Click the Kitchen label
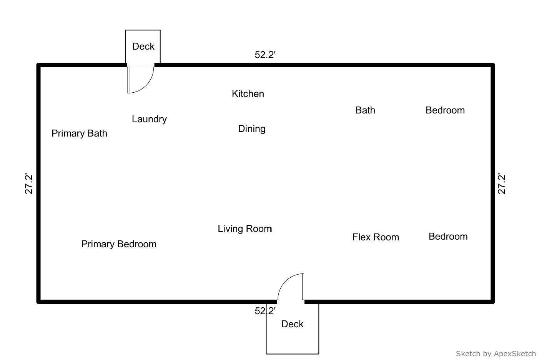click(x=248, y=94)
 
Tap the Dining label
click(x=252, y=129)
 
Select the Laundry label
click(x=149, y=119)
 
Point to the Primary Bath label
click(x=79, y=133)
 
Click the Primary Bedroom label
click(x=119, y=244)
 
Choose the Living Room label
click(x=245, y=229)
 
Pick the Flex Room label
click(x=376, y=237)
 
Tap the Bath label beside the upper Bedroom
click(x=365, y=110)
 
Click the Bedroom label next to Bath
click(x=445, y=110)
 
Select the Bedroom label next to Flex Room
click(x=448, y=237)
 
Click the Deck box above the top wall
click(x=143, y=47)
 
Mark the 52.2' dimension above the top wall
click(x=265, y=55)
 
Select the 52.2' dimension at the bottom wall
click(x=265, y=311)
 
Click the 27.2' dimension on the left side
click(x=29, y=184)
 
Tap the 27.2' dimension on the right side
click(x=502, y=184)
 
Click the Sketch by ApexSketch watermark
click(x=496, y=353)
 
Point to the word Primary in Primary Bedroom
click(x=98, y=244)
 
